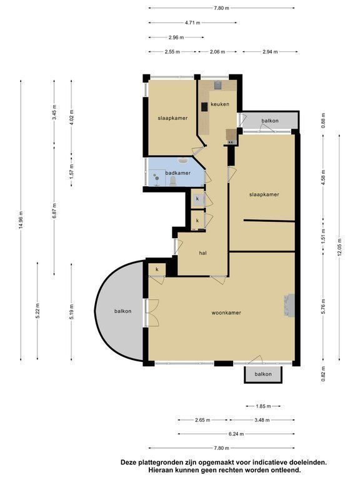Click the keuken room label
click(220, 104)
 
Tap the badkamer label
click(178, 173)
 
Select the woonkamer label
click(226, 313)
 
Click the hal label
click(202, 253)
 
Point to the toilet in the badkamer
click(173, 181)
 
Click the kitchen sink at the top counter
click(217, 85)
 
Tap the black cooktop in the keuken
click(204, 107)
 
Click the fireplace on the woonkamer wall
click(289, 305)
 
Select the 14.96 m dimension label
click(21, 221)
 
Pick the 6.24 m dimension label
click(236, 434)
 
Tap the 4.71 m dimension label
click(193, 22)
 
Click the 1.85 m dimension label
click(263, 406)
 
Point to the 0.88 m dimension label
click(324, 121)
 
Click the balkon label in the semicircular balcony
click(122, 311)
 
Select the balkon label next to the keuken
click(270, 121)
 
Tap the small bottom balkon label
click(263, 374)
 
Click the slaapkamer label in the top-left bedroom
click(172, 118)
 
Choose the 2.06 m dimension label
click(217, 52)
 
